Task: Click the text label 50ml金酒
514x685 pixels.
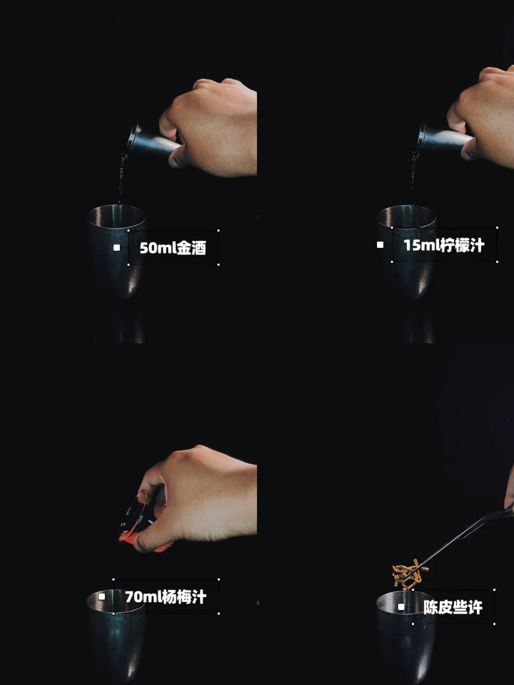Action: click(x=173, y=248)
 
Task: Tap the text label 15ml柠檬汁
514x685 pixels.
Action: click(x=444, y=245)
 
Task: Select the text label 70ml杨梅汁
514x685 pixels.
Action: click(x=166, y=597)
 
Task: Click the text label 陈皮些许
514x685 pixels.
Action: click(x=453, y=607)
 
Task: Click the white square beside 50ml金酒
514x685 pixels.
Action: click(x=117, y=248)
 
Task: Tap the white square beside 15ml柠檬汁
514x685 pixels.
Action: click(x=380, y=245)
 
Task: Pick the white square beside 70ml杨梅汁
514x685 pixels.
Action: click(x=102, y=597)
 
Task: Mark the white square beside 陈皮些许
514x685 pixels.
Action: click(x=401, y=607)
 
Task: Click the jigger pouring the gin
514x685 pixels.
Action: click(x=153, y=141)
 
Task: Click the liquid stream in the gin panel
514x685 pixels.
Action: click(x=121, y=179)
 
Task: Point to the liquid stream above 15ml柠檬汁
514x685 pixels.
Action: click(x=413, y=178)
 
